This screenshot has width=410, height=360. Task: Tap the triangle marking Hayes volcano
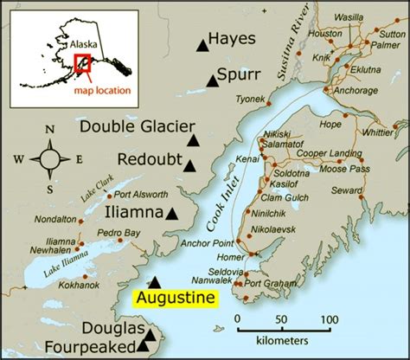pyautogui.click(x=202, y=44)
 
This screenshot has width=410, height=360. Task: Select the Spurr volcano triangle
pyautogui.click(x=213, y=81)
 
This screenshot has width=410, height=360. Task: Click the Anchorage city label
pyautogui.click(x=355, y=89)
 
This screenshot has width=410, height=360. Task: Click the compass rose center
pyautogui.click(x=49, y=158)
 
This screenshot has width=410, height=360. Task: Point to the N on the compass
pyautogui.click(x=49, y=131)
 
